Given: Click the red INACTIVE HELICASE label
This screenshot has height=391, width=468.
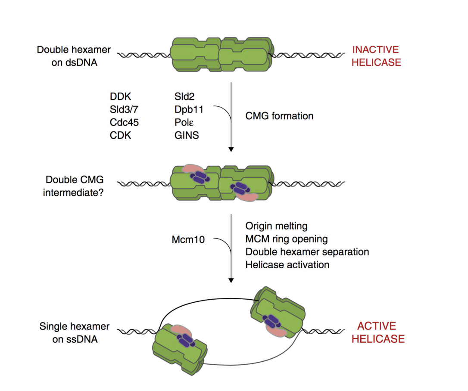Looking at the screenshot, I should pyautogui.click(x=376, y=56).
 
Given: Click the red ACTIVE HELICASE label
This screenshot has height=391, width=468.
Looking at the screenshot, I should pyautogui.click(x=378, y=332).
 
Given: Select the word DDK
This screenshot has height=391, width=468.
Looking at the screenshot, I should pyautogui.click(x=121, y=97).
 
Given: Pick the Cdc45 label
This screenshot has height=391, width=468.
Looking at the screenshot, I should pyautogui.click(x=125, y=122).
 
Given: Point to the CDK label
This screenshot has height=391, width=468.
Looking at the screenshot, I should pyautogui.click(x=121, y=135).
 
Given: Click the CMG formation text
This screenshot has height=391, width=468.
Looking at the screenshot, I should pyautogui.click(x=279, y=116).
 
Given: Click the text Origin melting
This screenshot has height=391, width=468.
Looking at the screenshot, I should pyautogui.click(x=276, y=226).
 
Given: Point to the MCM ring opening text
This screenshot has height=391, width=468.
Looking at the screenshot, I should pyautogui.click(x=287, y=239).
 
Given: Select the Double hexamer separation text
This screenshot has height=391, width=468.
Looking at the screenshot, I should pyautogui.click(x=307, y=251).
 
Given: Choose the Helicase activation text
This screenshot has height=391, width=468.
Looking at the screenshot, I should pyautogui.click(x=287, y=264).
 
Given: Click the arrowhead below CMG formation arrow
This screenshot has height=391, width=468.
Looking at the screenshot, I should pyautogui.click(x=231, y=149).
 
